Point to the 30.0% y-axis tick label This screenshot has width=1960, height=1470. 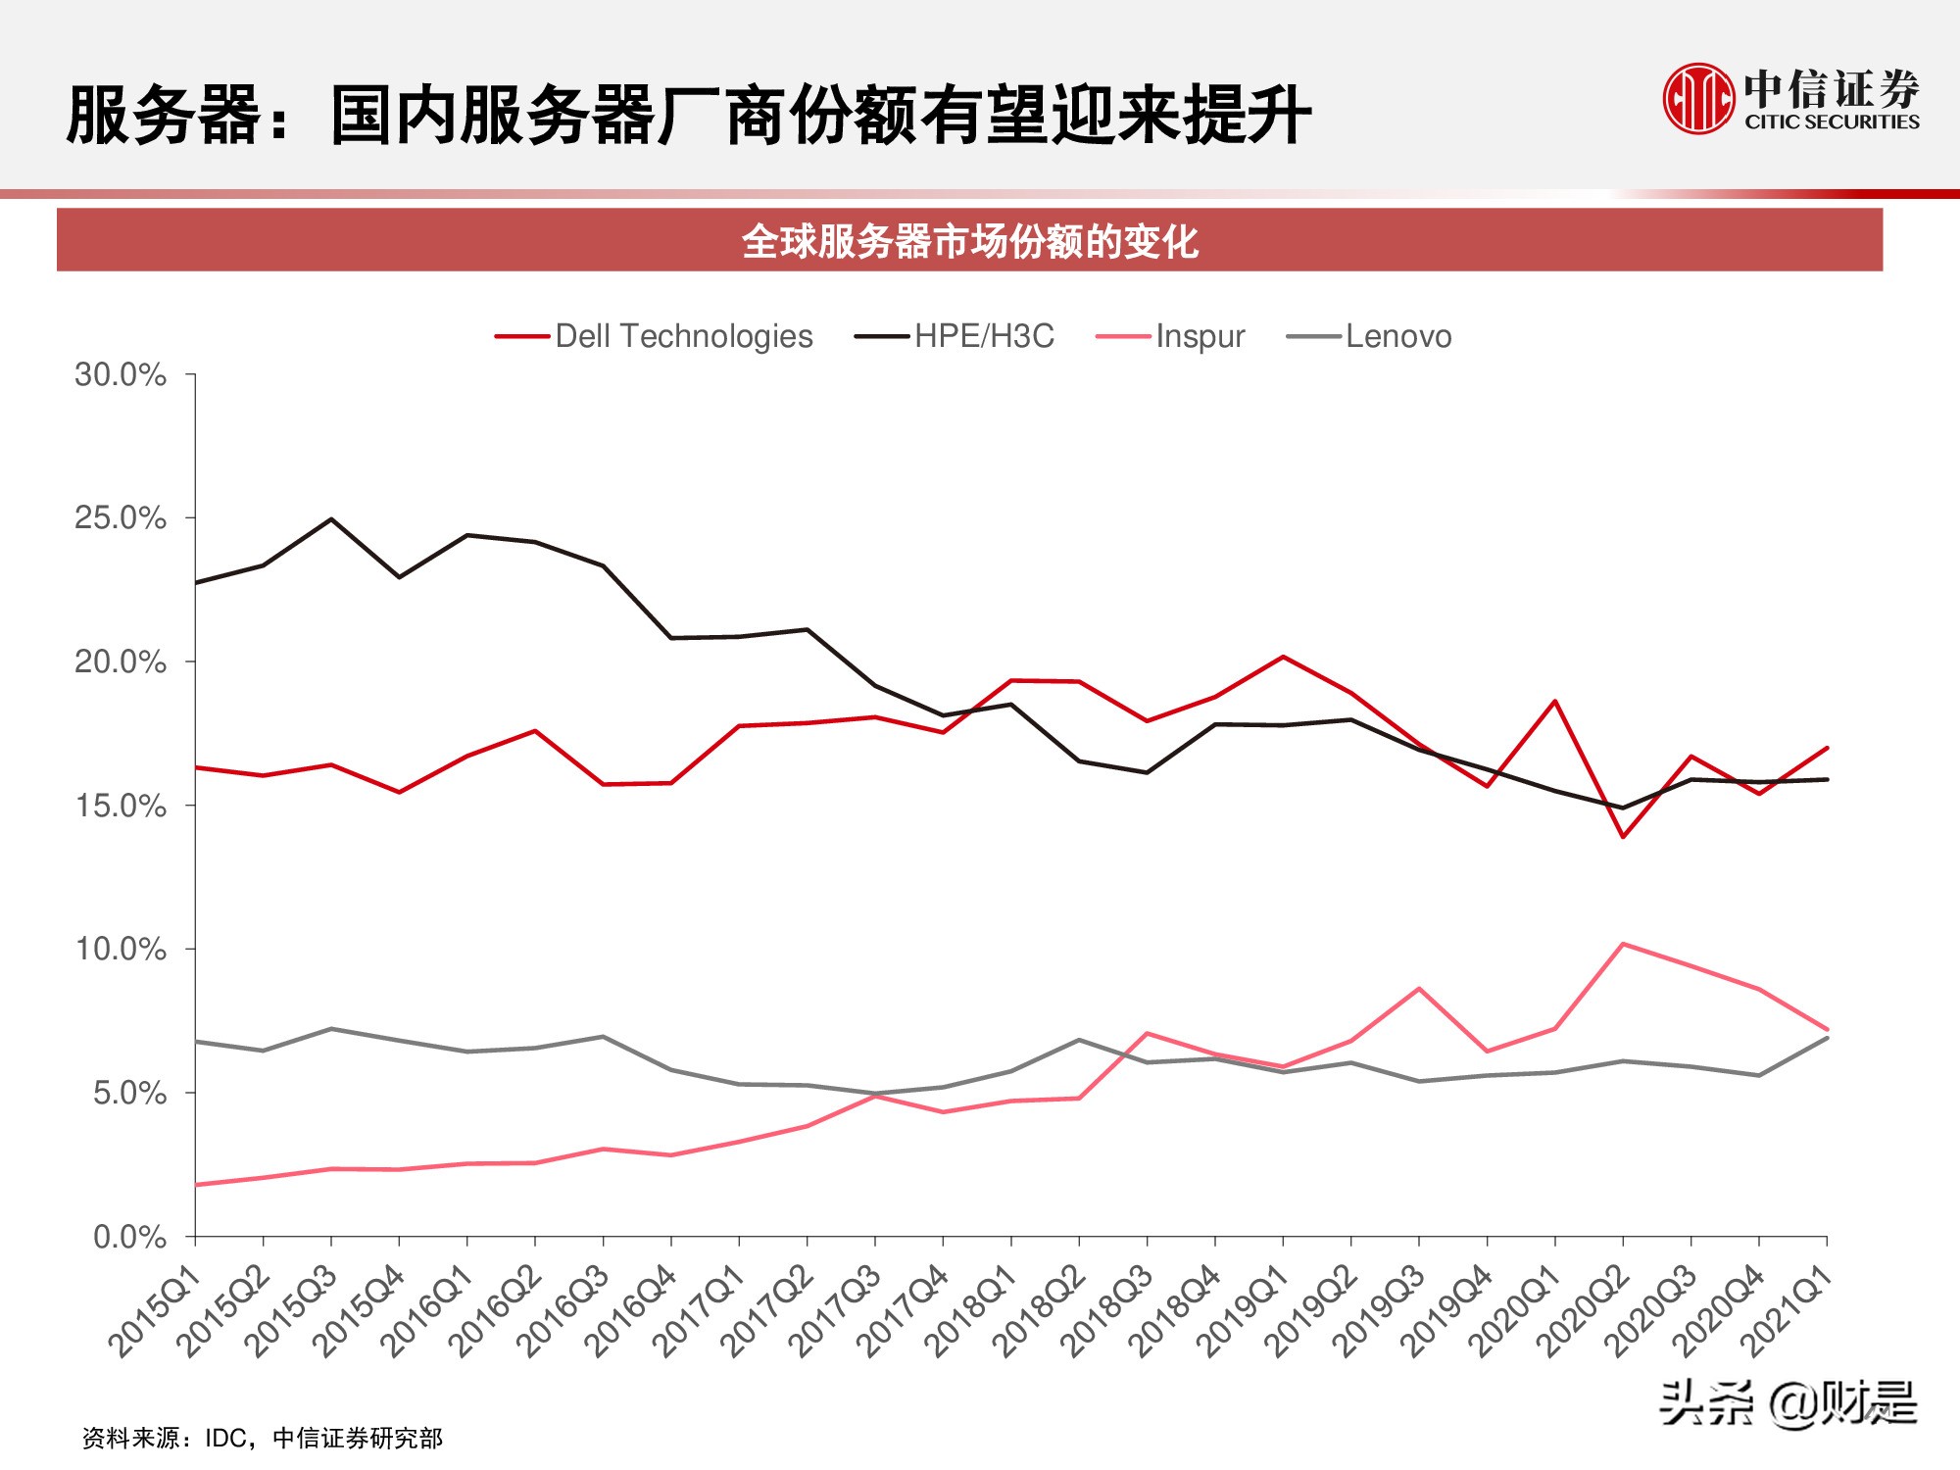coord(121,374)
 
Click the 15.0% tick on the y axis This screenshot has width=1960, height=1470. coord(121,806)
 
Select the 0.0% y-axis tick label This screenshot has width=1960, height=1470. coord(129,1237)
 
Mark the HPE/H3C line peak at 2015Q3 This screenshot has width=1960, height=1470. coord(331,519)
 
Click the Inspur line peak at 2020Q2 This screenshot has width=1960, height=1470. coord(1624,944)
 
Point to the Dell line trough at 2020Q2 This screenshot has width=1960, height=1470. coord(1624,836)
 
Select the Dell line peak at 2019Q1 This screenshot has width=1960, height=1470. coord(1284,657)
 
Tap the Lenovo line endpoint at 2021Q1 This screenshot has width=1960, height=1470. coord(1827,1038)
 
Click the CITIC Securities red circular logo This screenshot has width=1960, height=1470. coord(1697,99)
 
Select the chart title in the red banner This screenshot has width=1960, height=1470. coord(969,241)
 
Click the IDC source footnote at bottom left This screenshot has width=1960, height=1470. coord(263,1438)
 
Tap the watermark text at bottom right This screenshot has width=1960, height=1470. coord(1788,1403)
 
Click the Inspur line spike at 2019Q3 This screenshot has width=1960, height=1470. coord(1419,989)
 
